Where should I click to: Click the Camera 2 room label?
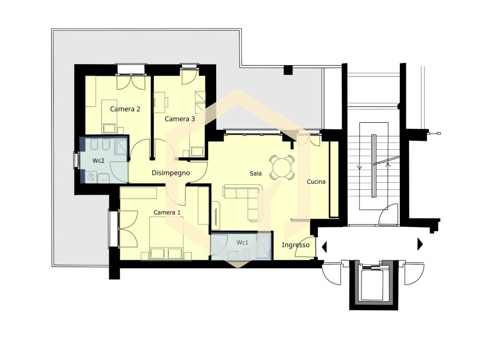[125, 109]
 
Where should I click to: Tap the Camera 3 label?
[180, 119]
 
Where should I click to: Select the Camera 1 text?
[167, 212]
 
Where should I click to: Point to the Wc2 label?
[98, 161]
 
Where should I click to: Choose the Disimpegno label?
[171, 173]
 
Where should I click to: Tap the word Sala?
[255, 173]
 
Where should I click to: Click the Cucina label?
[316, 182]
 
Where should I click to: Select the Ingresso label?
[295, 245]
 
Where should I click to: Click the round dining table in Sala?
[282, 167]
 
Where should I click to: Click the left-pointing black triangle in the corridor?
[324, 247]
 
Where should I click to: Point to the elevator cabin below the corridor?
[374, 285]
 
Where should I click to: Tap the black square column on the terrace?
[288, 70]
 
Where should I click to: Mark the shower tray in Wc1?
[263, 245]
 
